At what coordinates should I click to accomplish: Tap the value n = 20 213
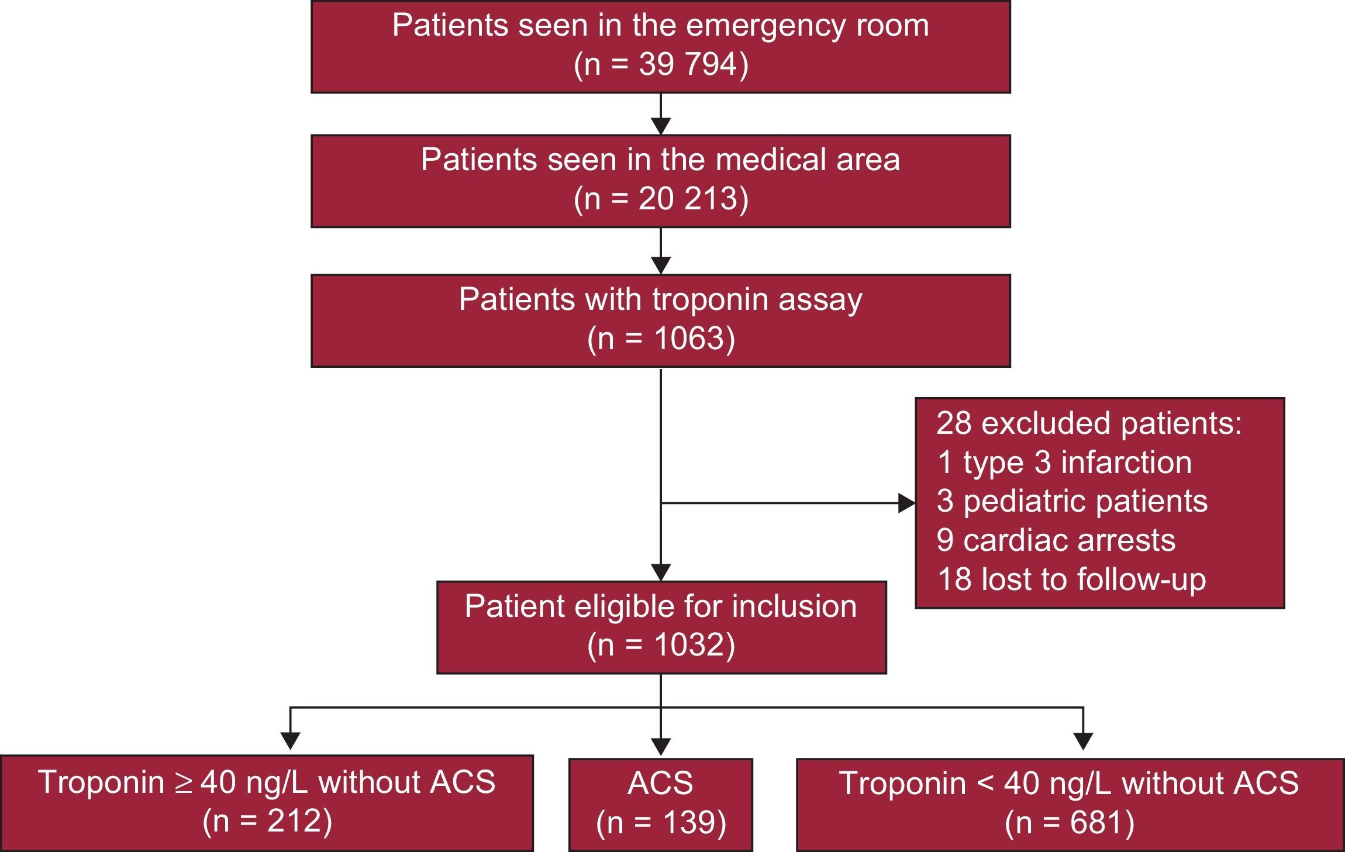[661, 199]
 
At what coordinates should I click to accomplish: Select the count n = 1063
[661, 339]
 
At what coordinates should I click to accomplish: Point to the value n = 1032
[661, 645]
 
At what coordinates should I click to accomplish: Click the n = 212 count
[267, 822]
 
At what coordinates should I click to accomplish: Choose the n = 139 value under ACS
[661, 823]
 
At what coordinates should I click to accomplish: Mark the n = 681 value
[1070, 823]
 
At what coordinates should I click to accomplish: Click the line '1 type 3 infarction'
[1064, 463]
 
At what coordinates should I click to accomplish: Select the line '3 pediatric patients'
[1071, 501]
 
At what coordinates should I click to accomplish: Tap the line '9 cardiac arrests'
[1056, 540]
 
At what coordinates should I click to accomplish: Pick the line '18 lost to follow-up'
[1071, 579]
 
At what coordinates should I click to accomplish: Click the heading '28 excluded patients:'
[1089, 423]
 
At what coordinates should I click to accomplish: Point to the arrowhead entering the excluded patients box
[907, 503]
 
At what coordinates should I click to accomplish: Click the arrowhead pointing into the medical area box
[661, 126]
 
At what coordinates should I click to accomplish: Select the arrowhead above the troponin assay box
[661, 265]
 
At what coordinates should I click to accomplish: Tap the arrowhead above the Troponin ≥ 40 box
[291, 741]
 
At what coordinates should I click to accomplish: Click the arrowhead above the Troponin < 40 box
[1084, 741]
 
